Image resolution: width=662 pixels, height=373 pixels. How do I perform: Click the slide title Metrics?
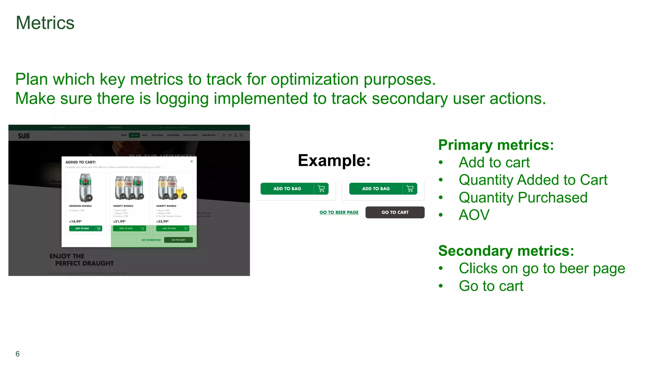coord(45,23)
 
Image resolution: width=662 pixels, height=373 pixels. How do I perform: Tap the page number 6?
coord(17,354)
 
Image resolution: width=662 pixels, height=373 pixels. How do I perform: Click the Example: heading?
coord(334,160)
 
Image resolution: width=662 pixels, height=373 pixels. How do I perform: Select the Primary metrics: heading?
coord(496,145)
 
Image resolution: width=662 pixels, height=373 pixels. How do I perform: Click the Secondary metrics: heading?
coord(506,251)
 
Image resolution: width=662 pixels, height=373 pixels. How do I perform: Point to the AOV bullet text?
coord(474,215)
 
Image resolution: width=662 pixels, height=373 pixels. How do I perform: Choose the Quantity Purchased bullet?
coord(523,198)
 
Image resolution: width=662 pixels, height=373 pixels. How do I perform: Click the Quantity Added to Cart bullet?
coord(533,180)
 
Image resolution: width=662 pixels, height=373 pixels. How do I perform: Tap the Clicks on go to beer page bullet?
coord(542,268)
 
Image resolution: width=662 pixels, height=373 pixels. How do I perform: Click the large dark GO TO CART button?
coord(395,212)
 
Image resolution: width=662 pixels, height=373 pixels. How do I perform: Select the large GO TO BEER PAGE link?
coord(339,212)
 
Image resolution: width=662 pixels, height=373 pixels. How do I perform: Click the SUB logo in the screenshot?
coord(24,136)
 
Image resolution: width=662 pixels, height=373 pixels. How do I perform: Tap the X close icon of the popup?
coord(192,161)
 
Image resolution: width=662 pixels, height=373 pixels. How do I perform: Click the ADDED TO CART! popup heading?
coord(80,162)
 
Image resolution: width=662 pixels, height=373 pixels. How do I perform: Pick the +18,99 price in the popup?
coord(75,221)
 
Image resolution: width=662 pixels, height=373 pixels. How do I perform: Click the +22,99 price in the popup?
coord(162,221)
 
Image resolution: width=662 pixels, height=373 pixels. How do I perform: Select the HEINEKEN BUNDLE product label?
coord(80,206)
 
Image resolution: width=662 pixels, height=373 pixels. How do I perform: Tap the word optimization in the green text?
coord(315,79)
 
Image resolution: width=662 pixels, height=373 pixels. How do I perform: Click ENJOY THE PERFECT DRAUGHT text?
coord(81,260)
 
